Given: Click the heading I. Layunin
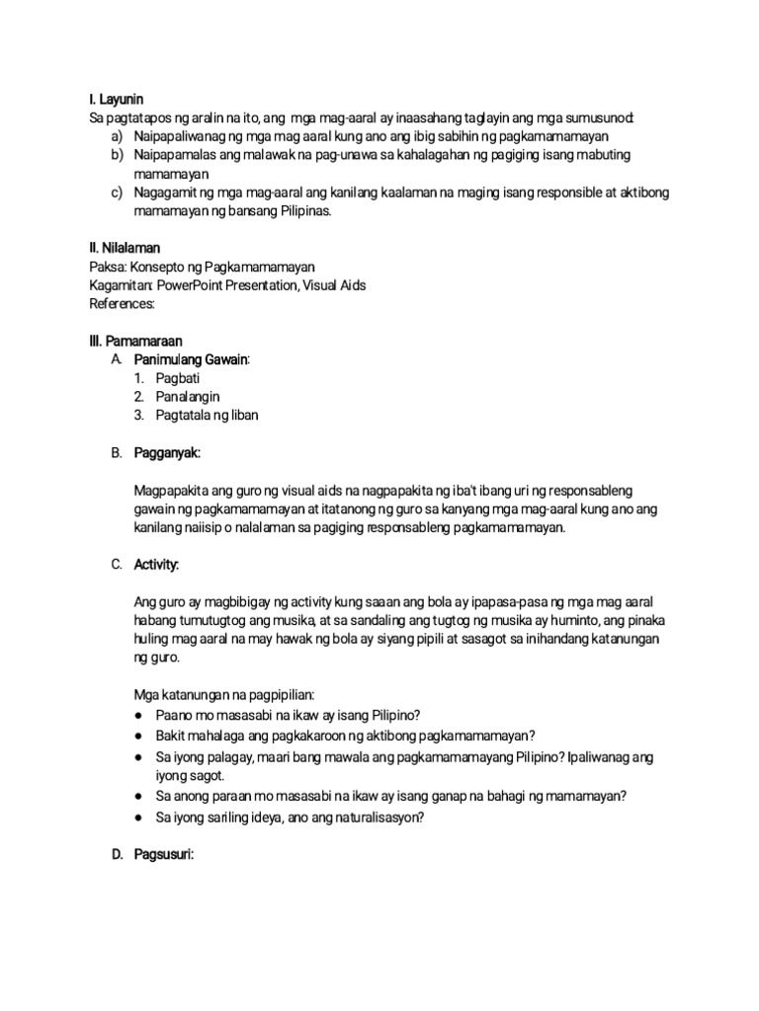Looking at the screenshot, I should [x=117, y=100].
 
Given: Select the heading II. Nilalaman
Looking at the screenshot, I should [x=125, y=248].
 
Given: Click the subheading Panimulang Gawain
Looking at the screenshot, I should [x=192, y=359].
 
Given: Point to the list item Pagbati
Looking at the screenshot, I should [x=177, y=378].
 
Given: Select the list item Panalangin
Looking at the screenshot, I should [x=187, y=397].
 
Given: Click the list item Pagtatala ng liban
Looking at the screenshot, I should [x=207, y=416].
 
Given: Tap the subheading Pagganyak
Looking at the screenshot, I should [x=167, y=452].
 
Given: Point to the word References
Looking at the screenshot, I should [x=124, y=304].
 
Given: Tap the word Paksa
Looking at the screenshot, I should [x=106, y=267].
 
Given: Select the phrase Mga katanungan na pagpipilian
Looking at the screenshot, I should [x=222, y=695].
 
